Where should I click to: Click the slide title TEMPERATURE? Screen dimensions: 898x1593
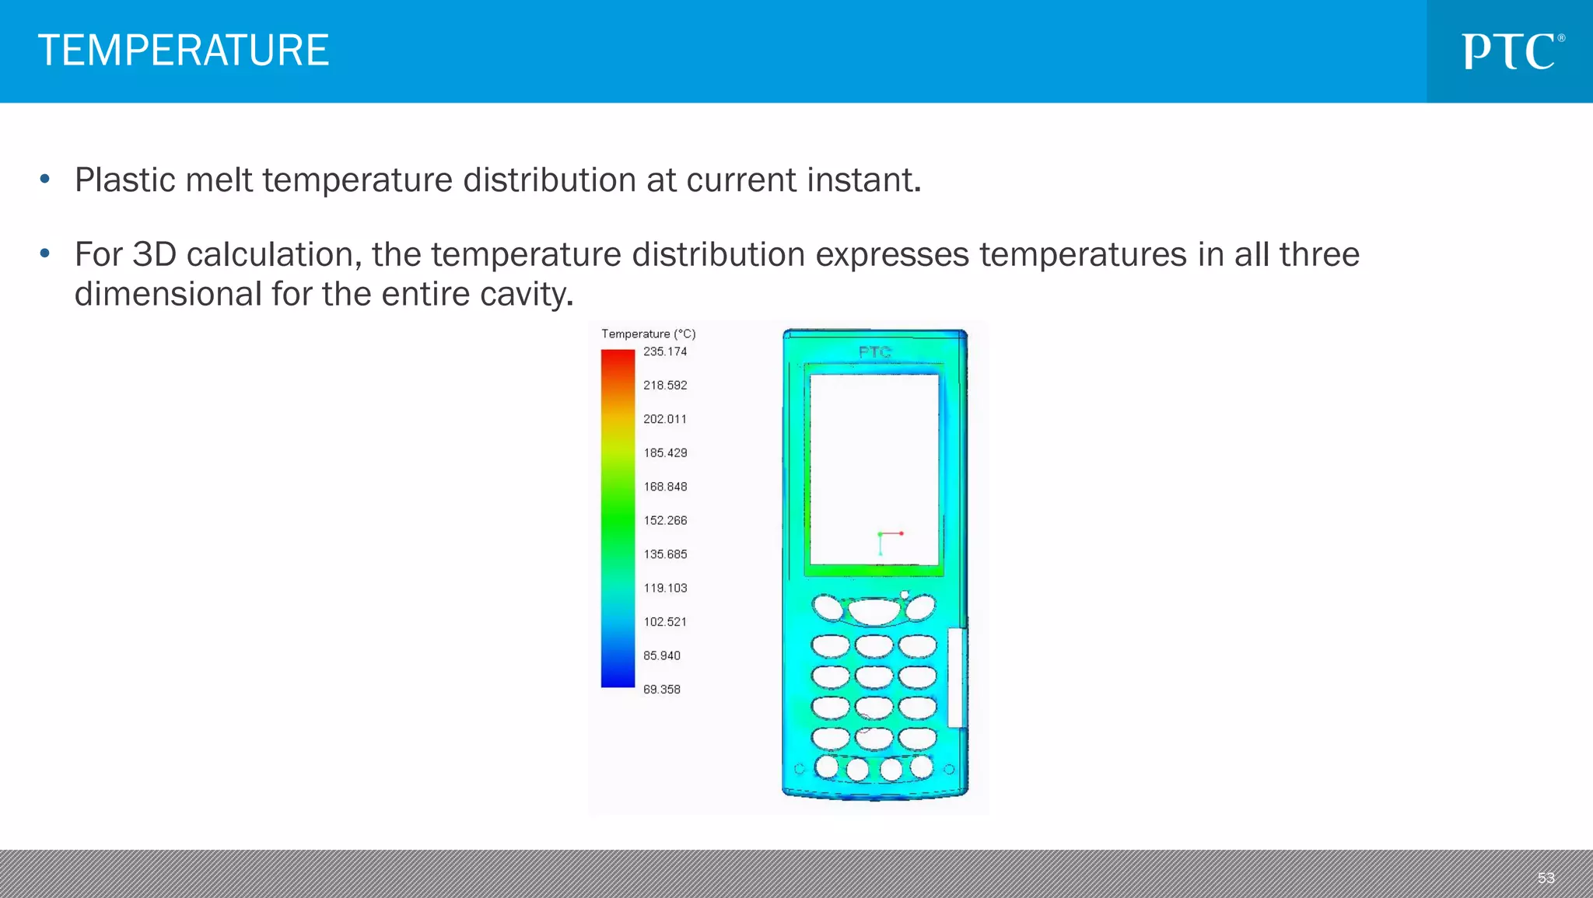184,51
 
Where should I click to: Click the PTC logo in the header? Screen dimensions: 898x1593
1511,51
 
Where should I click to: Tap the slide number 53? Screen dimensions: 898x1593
1546,878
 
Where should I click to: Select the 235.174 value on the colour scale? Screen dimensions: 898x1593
665,351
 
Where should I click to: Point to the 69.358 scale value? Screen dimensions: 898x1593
661,690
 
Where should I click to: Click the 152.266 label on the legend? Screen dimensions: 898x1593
665,521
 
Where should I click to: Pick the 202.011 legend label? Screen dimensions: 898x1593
665,419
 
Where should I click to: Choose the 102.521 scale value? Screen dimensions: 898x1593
665,622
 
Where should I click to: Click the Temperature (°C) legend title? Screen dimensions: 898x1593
648,334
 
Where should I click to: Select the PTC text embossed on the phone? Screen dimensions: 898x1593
874,352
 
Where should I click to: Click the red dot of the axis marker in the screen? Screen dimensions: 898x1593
902,533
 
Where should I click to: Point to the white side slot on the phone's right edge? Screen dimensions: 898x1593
957,677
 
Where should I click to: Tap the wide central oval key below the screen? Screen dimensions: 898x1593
874,611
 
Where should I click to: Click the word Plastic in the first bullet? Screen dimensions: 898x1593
124,180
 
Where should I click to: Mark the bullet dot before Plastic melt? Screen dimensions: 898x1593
45,180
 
